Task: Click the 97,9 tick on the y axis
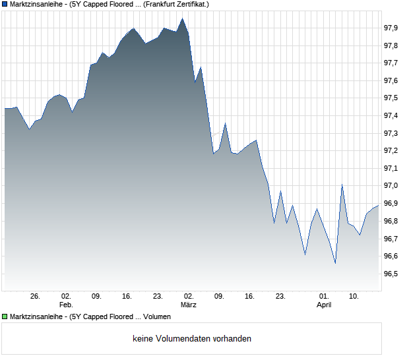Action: click(x=391, y=28)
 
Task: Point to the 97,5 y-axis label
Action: click(x=391, y=98)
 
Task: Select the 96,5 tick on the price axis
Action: click(x=391, y=274)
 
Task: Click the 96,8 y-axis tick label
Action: click(x=391, y=221)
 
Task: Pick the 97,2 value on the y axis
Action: click(x=391, y=151)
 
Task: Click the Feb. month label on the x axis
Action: click(x=66, y=305)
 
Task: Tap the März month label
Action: click(x=189, y=305)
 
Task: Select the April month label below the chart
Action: click(x=324, y=305)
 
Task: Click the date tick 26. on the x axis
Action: click(x=36, y=297)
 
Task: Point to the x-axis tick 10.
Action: click(x=354, y=297)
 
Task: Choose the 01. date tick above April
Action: click(x=324, y=297)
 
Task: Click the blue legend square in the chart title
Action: click(x=5, y=4)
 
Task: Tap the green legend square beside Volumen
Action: click(x=5, y=317)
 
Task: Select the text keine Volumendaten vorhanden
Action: click(x=192, y=339)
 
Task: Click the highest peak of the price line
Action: click(x=183, y=19)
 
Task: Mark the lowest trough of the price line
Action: click(x=335, y=263)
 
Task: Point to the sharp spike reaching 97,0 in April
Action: click(x=342, y=185)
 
